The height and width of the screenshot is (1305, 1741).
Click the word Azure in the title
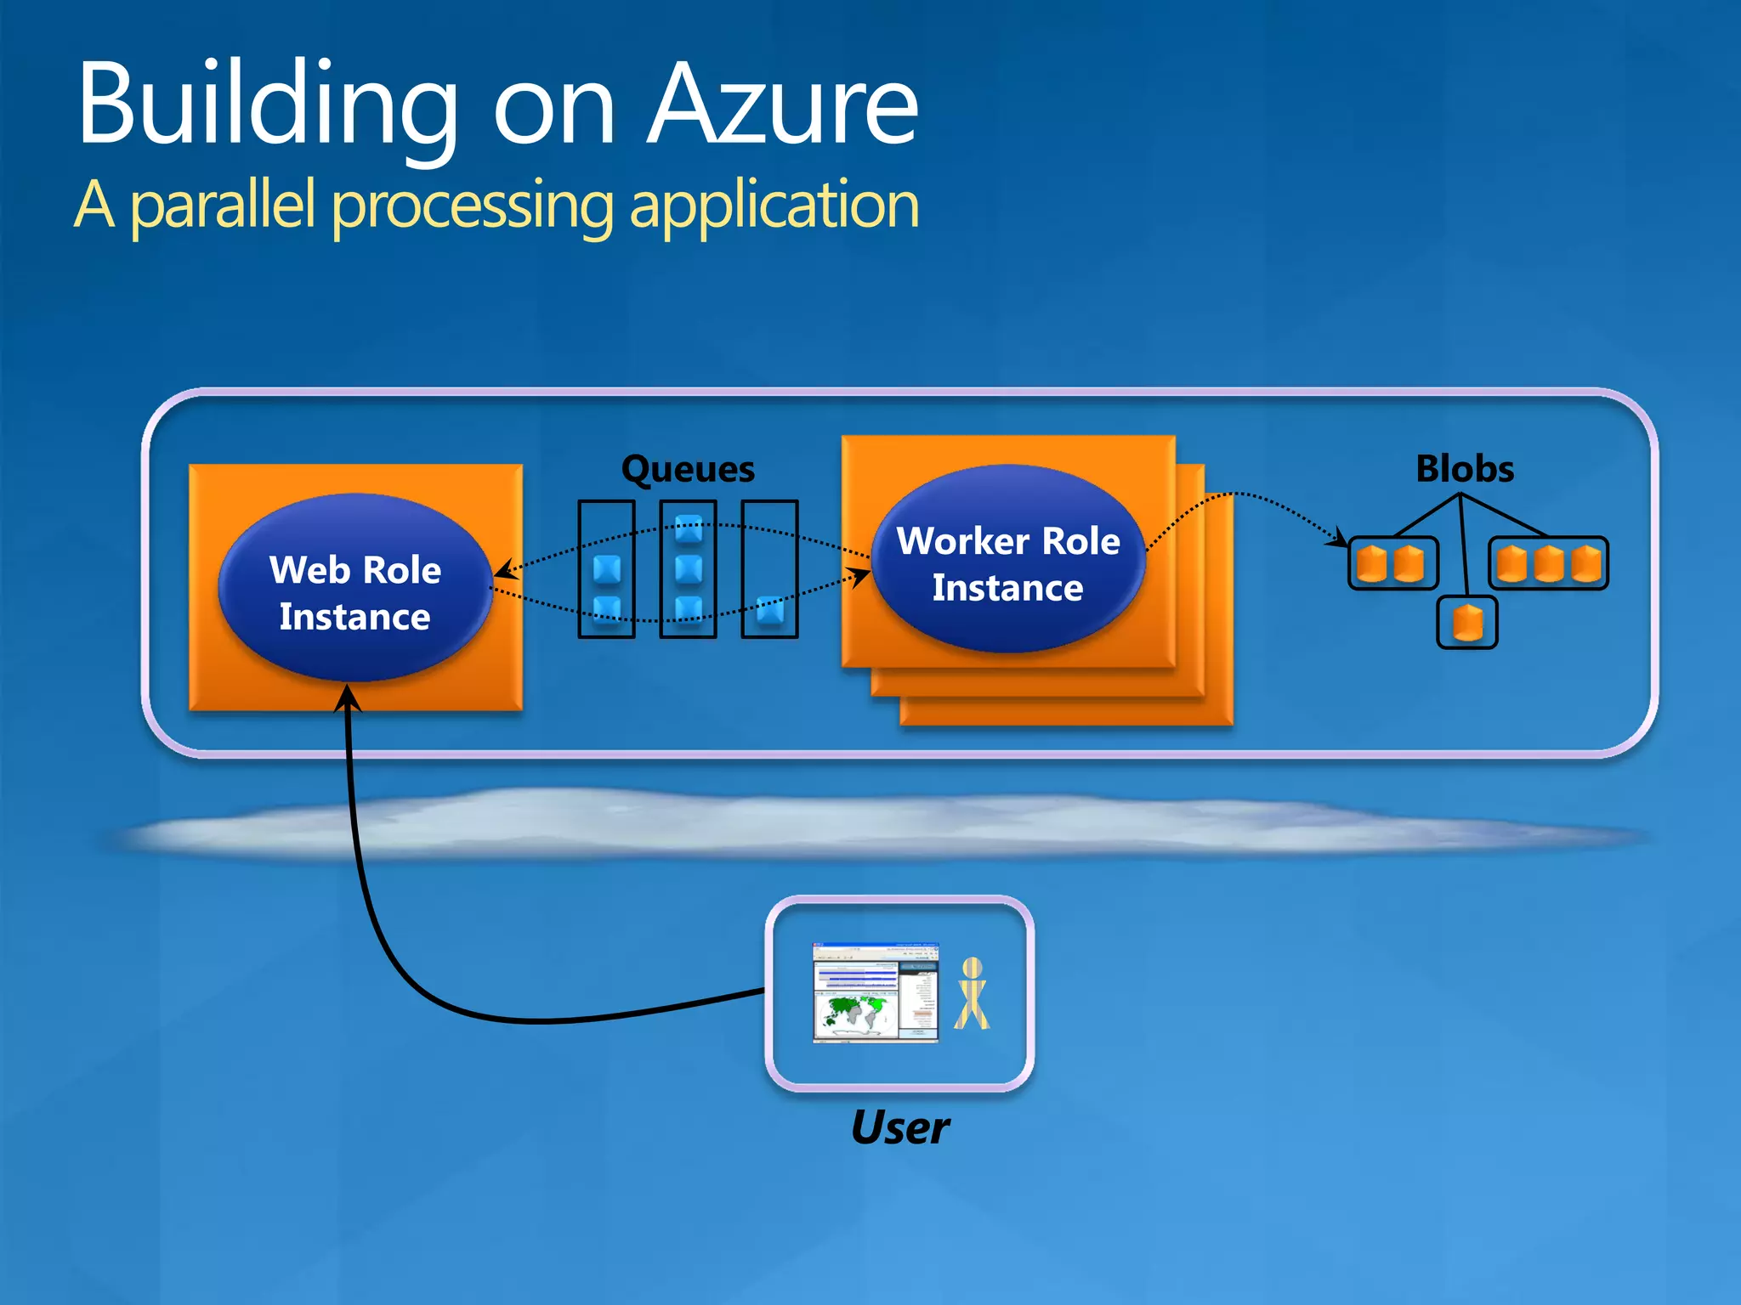coord(782,106)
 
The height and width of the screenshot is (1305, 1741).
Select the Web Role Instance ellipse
coord(355,589)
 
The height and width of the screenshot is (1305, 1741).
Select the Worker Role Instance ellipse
coord(1008,561)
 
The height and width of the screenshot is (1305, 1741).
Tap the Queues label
coord(688,470)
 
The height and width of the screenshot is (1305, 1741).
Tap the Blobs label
coord(1464,469)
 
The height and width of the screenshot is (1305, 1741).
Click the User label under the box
coord(899,1128)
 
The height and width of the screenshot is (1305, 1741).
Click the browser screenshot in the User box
coord(876,991)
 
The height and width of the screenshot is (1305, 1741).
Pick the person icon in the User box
coord(972,993)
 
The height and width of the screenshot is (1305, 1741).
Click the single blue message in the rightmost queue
coord(770,610)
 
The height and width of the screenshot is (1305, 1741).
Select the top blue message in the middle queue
coord(689,528)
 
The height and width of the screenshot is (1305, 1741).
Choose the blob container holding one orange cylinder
coord(1467,623)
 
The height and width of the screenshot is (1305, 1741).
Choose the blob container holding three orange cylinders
coord(1547,563)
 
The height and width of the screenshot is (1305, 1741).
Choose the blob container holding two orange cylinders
coord(1392,563)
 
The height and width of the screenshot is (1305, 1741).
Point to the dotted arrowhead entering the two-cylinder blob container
coord(1341,539)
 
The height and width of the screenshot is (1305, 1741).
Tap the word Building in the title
coord(268,106)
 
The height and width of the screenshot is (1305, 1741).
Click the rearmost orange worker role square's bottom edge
coord(1066,723)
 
